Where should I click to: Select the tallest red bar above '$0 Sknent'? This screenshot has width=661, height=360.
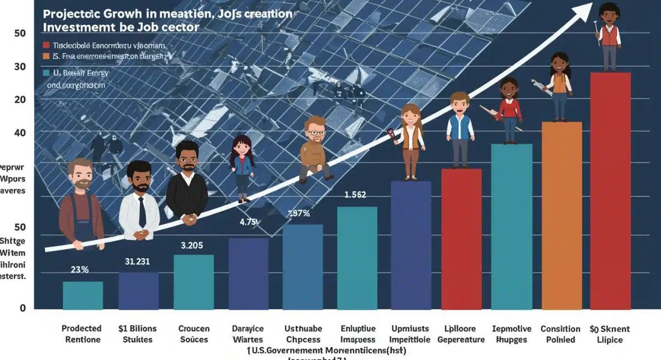click(610, 190)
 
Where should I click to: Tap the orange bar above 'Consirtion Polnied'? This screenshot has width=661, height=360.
click(562, 215)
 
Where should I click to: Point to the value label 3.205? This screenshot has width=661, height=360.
click(192, 245)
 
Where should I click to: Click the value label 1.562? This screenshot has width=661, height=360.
click(355, 195)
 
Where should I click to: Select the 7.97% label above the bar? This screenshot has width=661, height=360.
click(299, 214)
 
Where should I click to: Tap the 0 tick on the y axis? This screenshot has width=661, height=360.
click(23, 308)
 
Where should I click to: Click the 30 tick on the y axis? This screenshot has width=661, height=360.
click(20, 67)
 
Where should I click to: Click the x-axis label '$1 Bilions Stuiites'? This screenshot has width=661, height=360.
click(138, 334)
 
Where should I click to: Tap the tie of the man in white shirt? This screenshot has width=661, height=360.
click(142, 212)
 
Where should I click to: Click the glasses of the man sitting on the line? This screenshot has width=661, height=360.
click(315, 132)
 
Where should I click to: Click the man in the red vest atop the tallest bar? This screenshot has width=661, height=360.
click(609, 36)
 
